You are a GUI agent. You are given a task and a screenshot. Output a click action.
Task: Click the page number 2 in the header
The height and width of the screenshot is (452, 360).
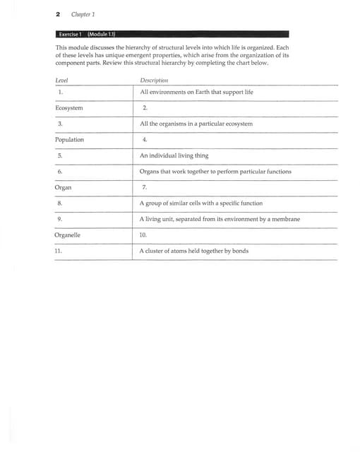tap(57, 14)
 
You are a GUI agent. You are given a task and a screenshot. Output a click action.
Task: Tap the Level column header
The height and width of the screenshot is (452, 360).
tap(62, 80)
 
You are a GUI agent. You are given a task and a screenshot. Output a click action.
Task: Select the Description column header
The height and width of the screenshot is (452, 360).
tap(154, 80)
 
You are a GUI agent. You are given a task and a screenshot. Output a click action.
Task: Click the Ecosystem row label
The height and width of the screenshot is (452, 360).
tap(68, 108)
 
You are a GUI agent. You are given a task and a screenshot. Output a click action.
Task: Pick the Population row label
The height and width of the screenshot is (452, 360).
tap(69, 140)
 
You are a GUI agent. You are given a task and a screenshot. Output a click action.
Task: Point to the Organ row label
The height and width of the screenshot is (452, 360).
tap(63, 188)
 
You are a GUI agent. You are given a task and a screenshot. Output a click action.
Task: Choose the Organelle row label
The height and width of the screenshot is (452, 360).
tap(68, 235)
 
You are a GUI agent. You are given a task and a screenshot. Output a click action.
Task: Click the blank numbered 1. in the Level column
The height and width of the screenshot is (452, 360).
tap(61, 92)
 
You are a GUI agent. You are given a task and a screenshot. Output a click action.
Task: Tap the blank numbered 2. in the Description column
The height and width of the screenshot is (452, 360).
tap(145, 108)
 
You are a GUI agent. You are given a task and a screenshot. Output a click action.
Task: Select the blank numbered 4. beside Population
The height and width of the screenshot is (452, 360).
tap(145, 140)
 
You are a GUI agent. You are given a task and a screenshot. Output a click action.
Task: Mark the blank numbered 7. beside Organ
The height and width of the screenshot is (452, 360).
tap(144, 188)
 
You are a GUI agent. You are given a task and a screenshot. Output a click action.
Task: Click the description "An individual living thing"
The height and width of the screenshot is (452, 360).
tap(174, 155)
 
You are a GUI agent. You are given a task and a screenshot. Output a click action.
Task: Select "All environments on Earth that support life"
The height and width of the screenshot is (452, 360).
tap(196, 92)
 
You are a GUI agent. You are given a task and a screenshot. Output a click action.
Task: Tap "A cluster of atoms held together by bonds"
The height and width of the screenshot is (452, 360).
tap(193, 251)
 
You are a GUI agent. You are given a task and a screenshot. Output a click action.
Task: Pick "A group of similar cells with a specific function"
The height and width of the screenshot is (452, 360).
tap(201, 203)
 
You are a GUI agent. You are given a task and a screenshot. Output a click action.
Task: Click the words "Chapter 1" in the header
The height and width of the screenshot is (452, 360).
tap(83, 14)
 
